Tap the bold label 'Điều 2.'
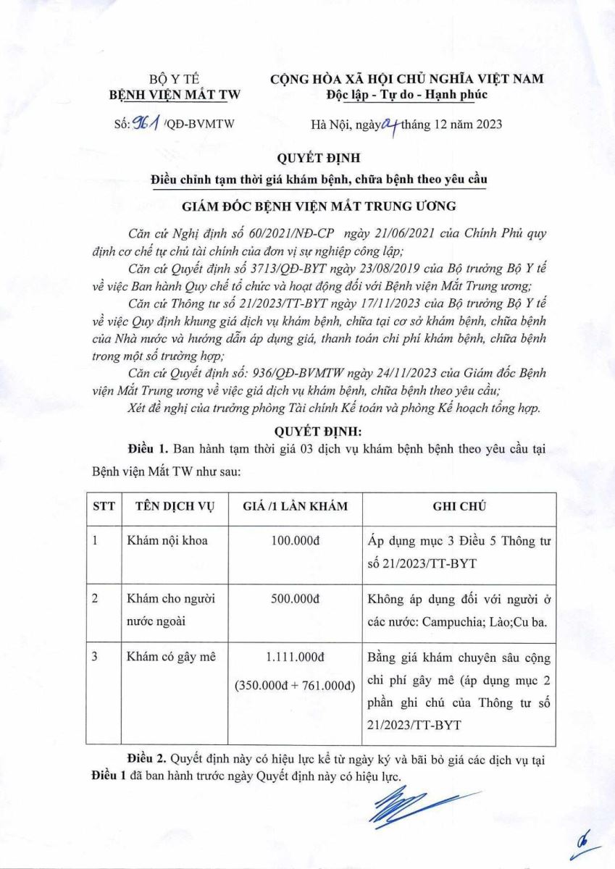pyautogui.click(x=146, y=759)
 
